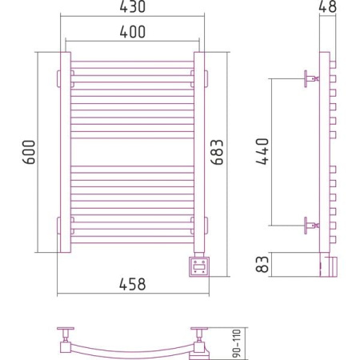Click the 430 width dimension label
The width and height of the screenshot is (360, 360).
pos(133,6)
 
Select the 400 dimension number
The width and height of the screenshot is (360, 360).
pos(133,32)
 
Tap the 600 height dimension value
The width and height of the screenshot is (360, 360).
pos(29,152)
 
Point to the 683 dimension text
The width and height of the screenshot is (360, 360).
pos(217,152)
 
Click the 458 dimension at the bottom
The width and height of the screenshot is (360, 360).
pos(133,284)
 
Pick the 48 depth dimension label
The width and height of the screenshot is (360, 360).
pos(328,6)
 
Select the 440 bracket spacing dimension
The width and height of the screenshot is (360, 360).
pos(262,151)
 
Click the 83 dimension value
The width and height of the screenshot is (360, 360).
pos(262,264)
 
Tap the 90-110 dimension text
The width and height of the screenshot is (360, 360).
pos(237,343)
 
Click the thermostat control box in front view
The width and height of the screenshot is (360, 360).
pos(199,266)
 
